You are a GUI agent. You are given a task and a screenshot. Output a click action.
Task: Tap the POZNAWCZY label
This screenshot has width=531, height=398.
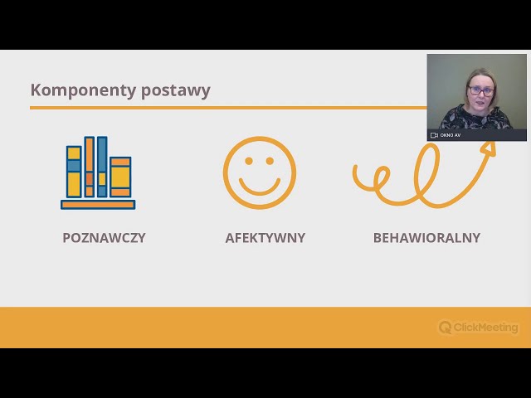(x=104, y=238)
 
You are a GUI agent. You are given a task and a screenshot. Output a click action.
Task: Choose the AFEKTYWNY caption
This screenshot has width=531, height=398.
(x=265, y=238)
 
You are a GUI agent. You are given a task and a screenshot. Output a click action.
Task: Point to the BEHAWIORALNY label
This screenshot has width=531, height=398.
(x=426, y=238)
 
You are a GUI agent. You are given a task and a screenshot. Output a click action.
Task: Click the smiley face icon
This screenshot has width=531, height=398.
(x=259, y=172)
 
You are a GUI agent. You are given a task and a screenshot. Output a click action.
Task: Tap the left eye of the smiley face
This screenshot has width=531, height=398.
(x=247, y=162)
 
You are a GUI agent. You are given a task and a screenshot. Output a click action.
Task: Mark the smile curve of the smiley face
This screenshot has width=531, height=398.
(x=259, y=187)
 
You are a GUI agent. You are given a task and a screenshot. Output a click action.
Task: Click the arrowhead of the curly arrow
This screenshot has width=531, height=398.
(x=489, y=148)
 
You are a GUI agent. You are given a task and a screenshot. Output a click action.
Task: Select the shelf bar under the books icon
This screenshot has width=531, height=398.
(x=98, y=204)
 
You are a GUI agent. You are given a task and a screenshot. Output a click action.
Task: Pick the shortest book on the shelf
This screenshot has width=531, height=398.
(x=120, y=177)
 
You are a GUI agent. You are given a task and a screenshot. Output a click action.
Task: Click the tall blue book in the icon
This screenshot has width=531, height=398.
(x=102, y=167)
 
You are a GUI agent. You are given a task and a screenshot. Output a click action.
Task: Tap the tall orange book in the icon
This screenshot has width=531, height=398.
(x=90, y=167)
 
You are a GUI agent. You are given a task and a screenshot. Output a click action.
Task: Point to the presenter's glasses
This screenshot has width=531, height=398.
(x=480, y=90)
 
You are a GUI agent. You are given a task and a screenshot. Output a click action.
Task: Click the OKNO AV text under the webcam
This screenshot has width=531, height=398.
(x=451, y=135)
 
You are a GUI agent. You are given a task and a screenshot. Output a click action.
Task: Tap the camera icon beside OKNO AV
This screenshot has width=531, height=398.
(x=434, y=135)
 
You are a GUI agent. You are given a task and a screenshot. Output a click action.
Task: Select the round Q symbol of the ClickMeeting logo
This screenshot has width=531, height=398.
(x=446, y=328)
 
